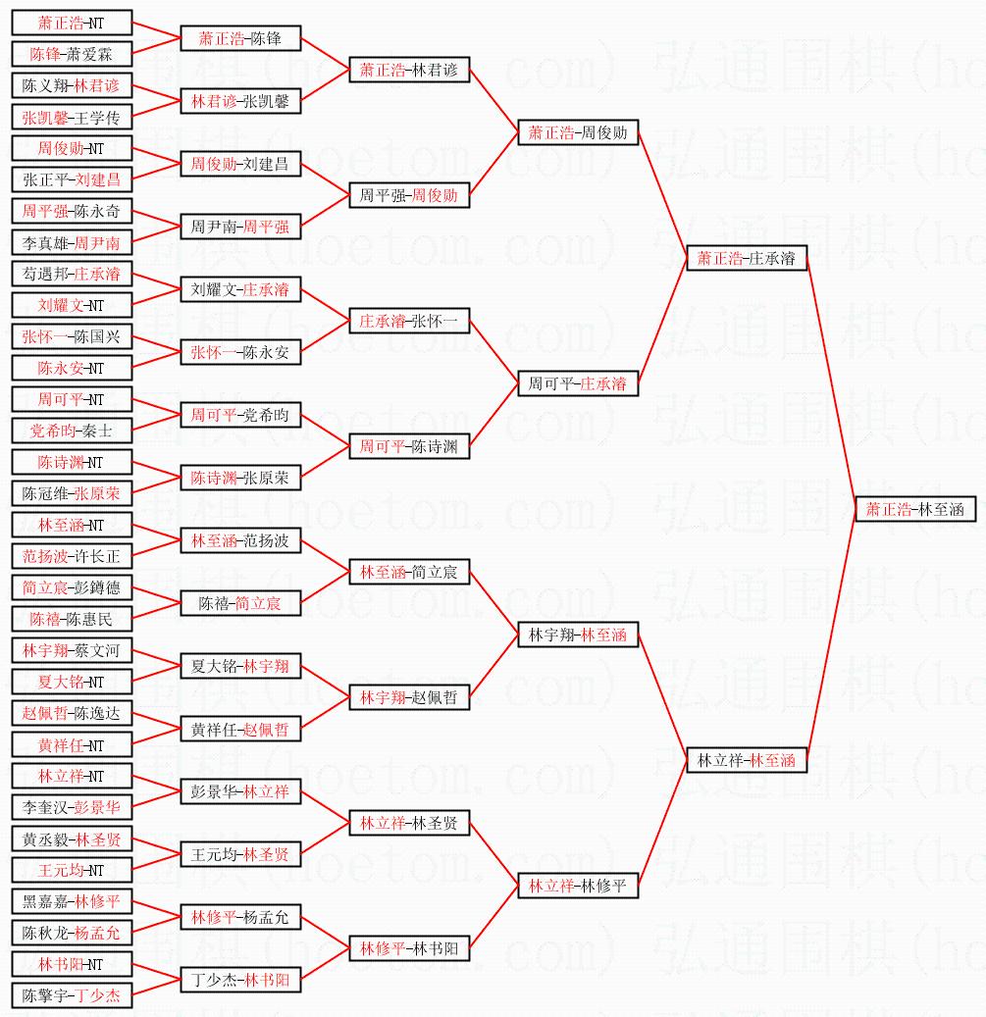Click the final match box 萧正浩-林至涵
pos(915,509)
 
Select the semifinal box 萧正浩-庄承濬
pos(747,258)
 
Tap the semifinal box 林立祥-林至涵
pos(747,760)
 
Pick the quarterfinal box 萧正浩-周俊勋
pos(578,132)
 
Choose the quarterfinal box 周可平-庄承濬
pos(578,383)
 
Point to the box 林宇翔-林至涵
pos(578,635)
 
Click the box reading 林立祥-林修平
pos(578,886)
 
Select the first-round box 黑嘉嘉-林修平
pos(71,901)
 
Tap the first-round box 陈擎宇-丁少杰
pos(71,995)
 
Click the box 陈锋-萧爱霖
pos(71,54)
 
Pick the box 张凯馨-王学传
pos(71,118)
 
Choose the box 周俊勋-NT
pos(71,148)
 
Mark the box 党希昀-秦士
pos(71,431)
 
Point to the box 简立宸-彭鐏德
pos(71,587)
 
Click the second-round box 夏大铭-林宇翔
pos(240,666)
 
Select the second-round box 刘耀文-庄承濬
pos(240,289)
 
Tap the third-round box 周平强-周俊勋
pos(409,195)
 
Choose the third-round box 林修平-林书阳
pos(409,948)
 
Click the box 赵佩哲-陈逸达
pos(71,713)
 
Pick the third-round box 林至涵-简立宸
pos(409,572)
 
